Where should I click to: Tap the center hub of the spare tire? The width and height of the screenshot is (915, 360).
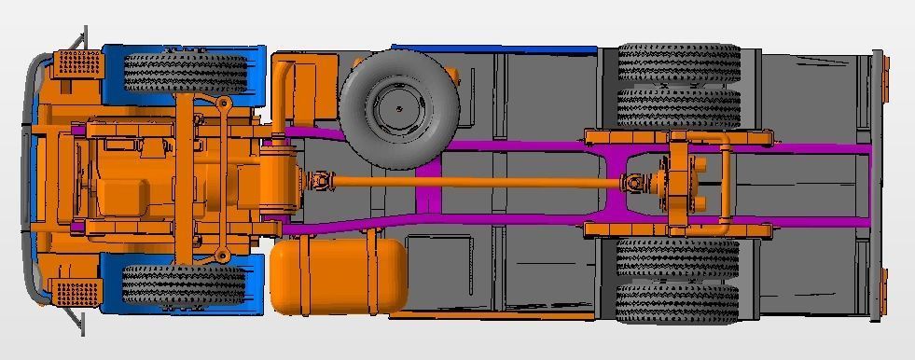point(399,108)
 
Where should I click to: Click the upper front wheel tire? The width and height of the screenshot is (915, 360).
point(185,72)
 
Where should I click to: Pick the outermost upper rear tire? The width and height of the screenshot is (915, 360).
point(678,62)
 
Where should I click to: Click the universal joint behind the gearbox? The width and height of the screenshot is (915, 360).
point(319,180)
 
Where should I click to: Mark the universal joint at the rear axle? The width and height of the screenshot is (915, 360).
point(634,184)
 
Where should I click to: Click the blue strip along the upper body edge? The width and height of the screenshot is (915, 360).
point(494,48)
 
